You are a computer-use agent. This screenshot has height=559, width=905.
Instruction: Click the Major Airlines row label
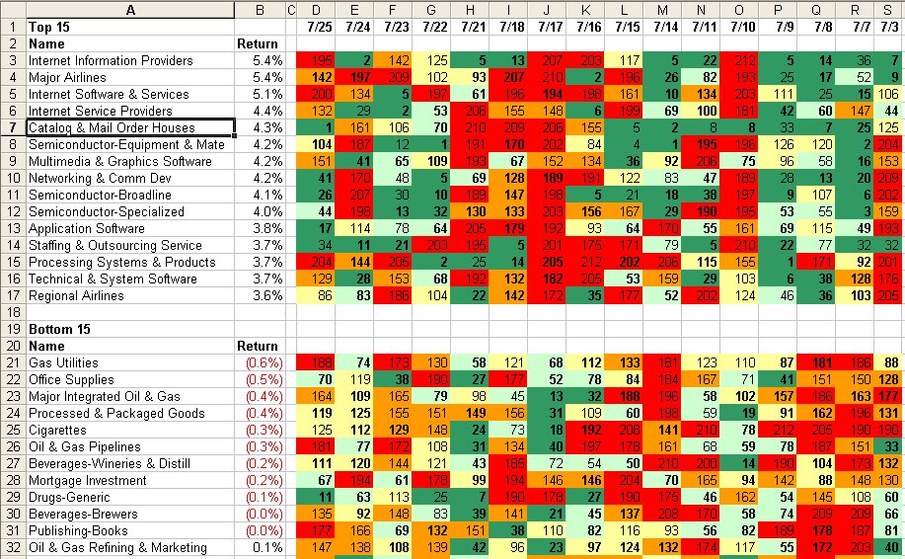click(x=64, y=78)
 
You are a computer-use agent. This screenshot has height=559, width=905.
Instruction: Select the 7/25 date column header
click(x=318, y=27)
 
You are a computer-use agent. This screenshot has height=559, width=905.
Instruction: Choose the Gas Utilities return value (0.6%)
click(x=264, y=362)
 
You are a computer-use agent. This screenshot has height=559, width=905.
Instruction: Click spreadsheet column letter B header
click(x=259, y=10)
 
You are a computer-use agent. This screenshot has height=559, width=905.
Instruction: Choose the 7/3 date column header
click(x=890, y=27)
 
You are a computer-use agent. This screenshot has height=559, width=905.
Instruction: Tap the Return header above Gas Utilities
click(x=258, y=346)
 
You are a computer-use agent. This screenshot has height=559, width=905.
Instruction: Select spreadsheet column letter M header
click(x=661, y=10)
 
